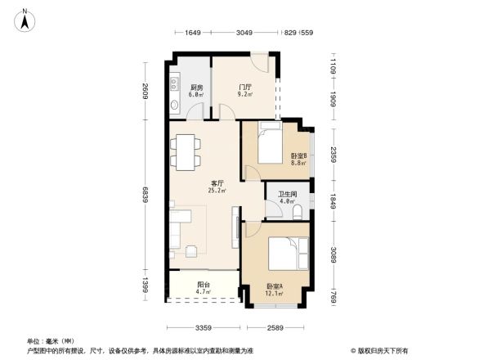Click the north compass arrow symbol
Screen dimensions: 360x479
[25, 19]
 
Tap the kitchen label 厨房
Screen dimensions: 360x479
[197, 87]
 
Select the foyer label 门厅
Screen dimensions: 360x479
[244, 87]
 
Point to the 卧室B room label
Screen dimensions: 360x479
[298, 155]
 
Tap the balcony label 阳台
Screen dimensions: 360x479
[203, 285]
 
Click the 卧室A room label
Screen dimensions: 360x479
[275, 286]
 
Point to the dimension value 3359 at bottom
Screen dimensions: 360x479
[204, 328]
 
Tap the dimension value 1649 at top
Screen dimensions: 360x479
[193, 33]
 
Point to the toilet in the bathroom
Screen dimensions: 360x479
[298, 213]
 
